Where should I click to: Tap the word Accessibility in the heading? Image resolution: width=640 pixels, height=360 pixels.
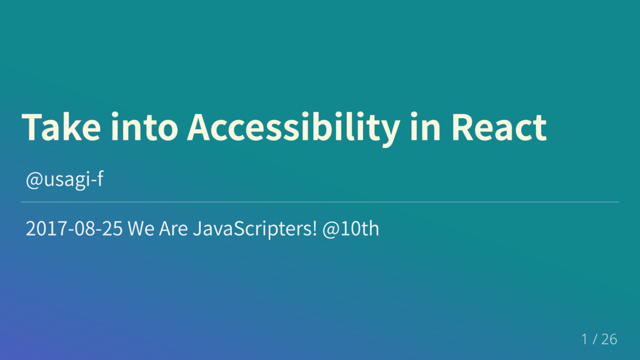[x=294, y=128]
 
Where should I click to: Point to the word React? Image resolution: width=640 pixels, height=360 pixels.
[x=499, y=127]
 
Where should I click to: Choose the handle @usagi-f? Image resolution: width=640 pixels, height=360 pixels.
[x=64, y=179]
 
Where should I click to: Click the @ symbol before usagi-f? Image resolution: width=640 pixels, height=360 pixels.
[x=34, y=181]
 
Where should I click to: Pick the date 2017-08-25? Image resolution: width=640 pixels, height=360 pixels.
[x=74, y=228]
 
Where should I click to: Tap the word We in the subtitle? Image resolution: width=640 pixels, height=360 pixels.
[x=141, y=228]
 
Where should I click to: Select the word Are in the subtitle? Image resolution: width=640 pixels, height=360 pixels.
[x=174, y=228]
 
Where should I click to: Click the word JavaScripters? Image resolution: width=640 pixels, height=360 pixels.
[x=255, y=229]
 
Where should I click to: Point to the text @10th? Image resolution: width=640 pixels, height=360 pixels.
[x=351, y=228]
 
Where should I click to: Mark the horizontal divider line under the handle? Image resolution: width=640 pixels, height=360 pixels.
[x=320, y=202]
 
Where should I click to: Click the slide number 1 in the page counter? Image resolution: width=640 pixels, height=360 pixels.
[x=584, y=339]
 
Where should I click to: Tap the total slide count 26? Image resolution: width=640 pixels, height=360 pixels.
[x=609, y=339]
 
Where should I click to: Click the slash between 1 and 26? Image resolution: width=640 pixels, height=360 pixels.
[x=595, y=339]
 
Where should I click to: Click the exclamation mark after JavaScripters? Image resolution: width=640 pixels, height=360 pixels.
[x=314, y=228]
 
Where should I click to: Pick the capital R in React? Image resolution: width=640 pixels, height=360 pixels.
[x=461, y=127]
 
